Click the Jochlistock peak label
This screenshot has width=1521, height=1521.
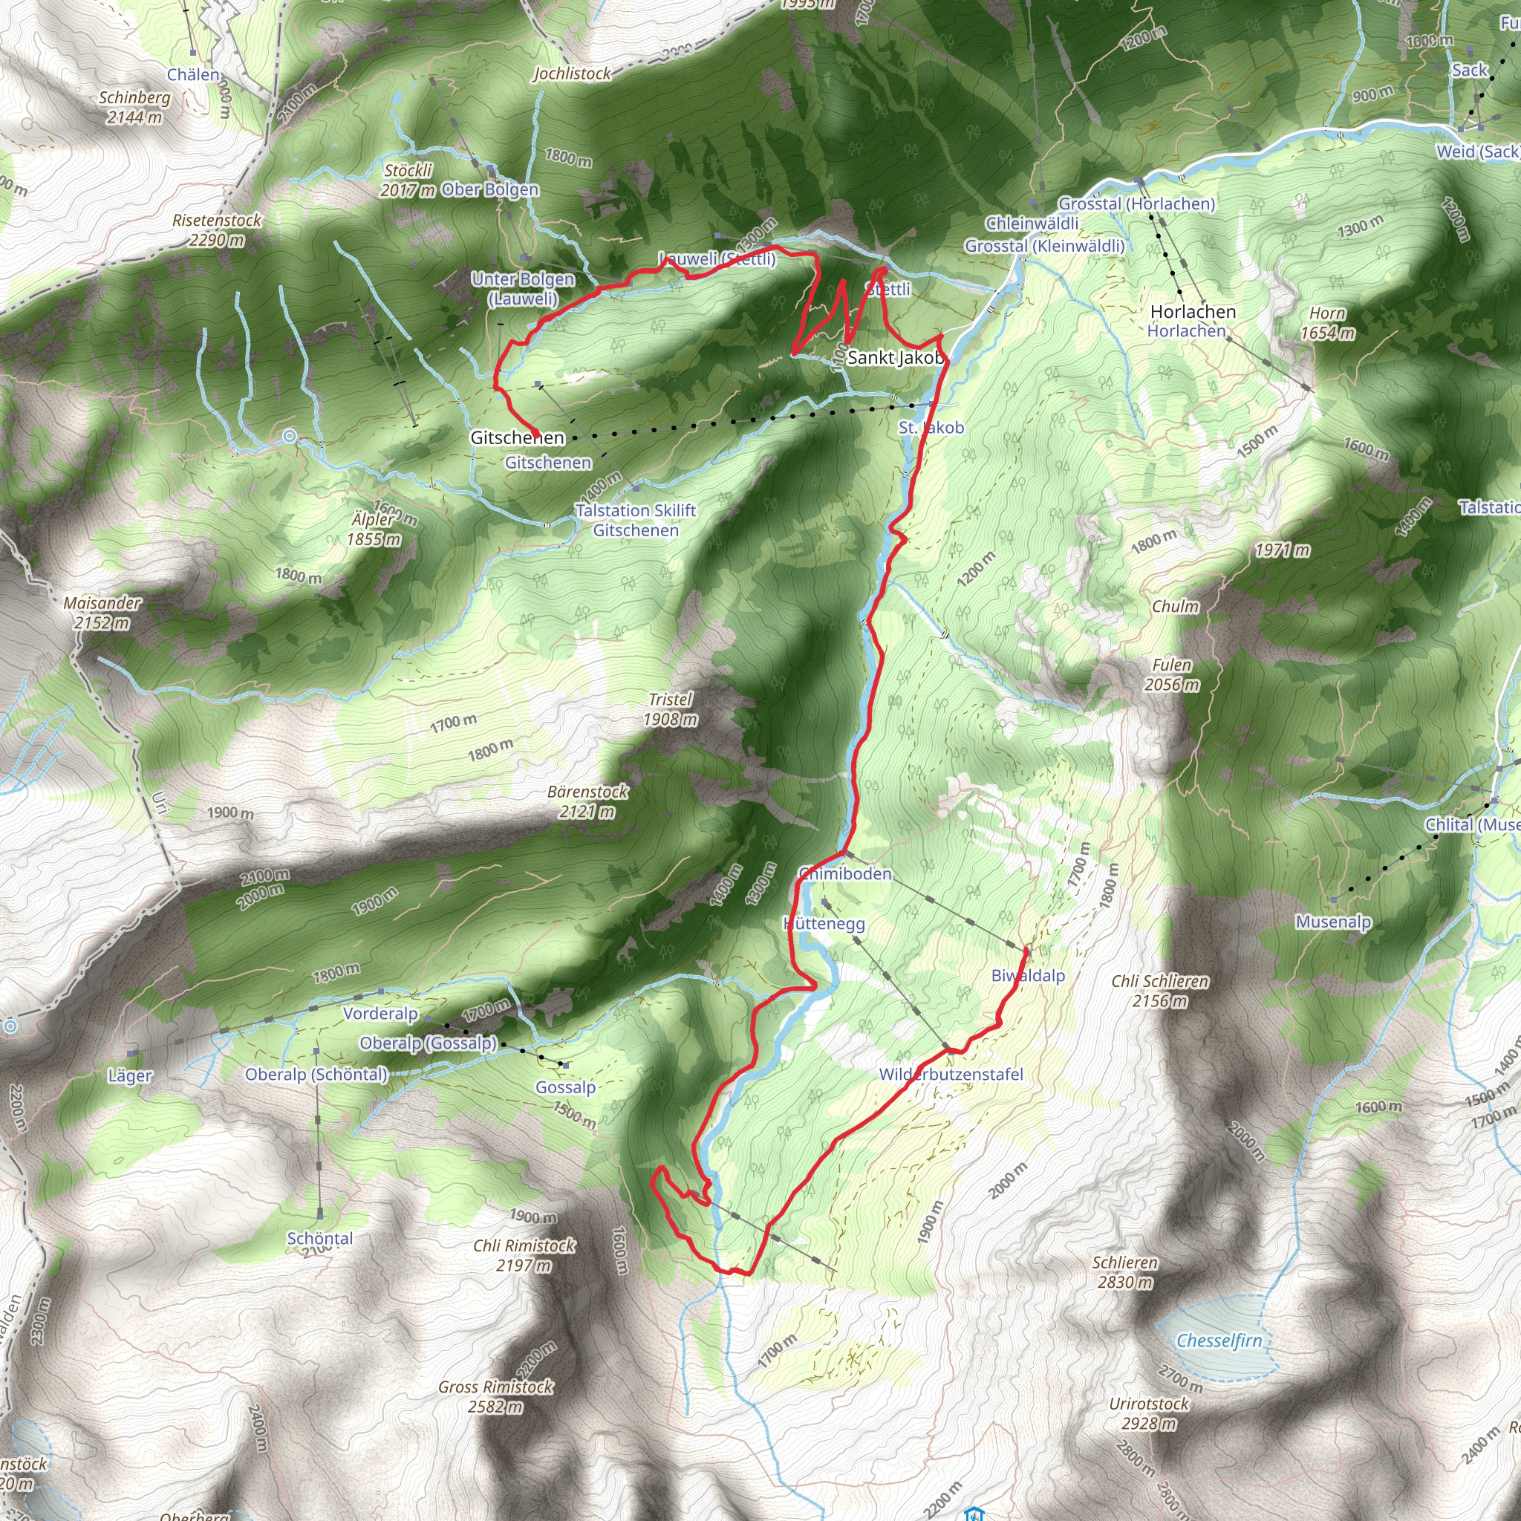(572, 74)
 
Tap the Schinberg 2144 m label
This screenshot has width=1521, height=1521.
(134, 107)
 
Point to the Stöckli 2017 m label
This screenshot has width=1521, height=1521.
(408, 180)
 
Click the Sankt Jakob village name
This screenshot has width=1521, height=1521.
(895, 357)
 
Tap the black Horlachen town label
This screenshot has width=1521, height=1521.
(1193, 312)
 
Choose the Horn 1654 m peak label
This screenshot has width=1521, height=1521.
(1327, 323)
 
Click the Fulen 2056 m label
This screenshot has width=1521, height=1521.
(1171, 674)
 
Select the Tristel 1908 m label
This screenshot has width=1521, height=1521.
(670, 709)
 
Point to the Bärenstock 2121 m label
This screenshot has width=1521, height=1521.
(587, 801)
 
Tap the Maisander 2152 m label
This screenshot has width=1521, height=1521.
(102, 613)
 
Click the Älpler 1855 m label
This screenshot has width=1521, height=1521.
(374, 529)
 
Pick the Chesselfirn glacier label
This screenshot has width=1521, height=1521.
(1219, 1340)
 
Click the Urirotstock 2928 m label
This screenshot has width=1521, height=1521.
(1149, 1413)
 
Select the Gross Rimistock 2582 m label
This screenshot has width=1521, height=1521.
(495, 1395)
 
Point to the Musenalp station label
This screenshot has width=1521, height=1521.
(1333, 922)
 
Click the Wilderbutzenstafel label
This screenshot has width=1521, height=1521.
(951, 1074)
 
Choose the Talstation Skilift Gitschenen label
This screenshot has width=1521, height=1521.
(635, 520)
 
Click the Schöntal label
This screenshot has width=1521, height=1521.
(319, 1238)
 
